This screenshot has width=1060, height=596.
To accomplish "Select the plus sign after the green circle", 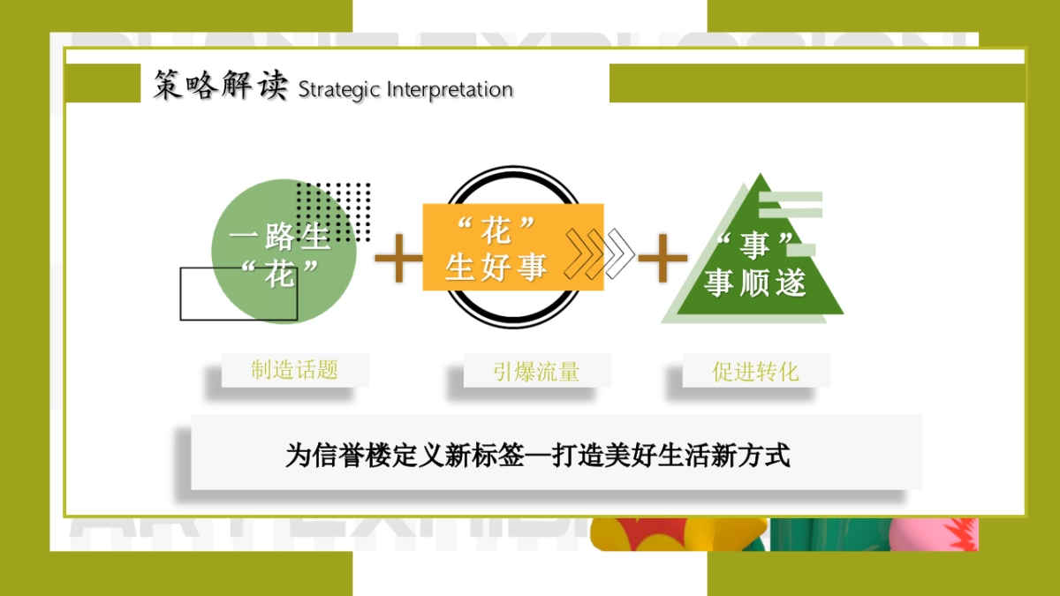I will pos(398,259).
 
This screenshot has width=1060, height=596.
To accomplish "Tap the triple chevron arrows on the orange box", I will pos(599,253).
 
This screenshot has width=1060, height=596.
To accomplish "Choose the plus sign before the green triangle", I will pos(662,259).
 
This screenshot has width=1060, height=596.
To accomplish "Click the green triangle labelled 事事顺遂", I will pos(754,265).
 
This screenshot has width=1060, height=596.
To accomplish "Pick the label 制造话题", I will pos(294,370).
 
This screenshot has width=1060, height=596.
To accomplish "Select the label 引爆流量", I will pos(536,372).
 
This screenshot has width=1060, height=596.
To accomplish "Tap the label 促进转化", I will pos(755,372).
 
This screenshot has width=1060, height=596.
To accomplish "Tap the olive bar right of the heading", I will pos(816,83).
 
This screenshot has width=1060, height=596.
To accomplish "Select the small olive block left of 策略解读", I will pos(102,83).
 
